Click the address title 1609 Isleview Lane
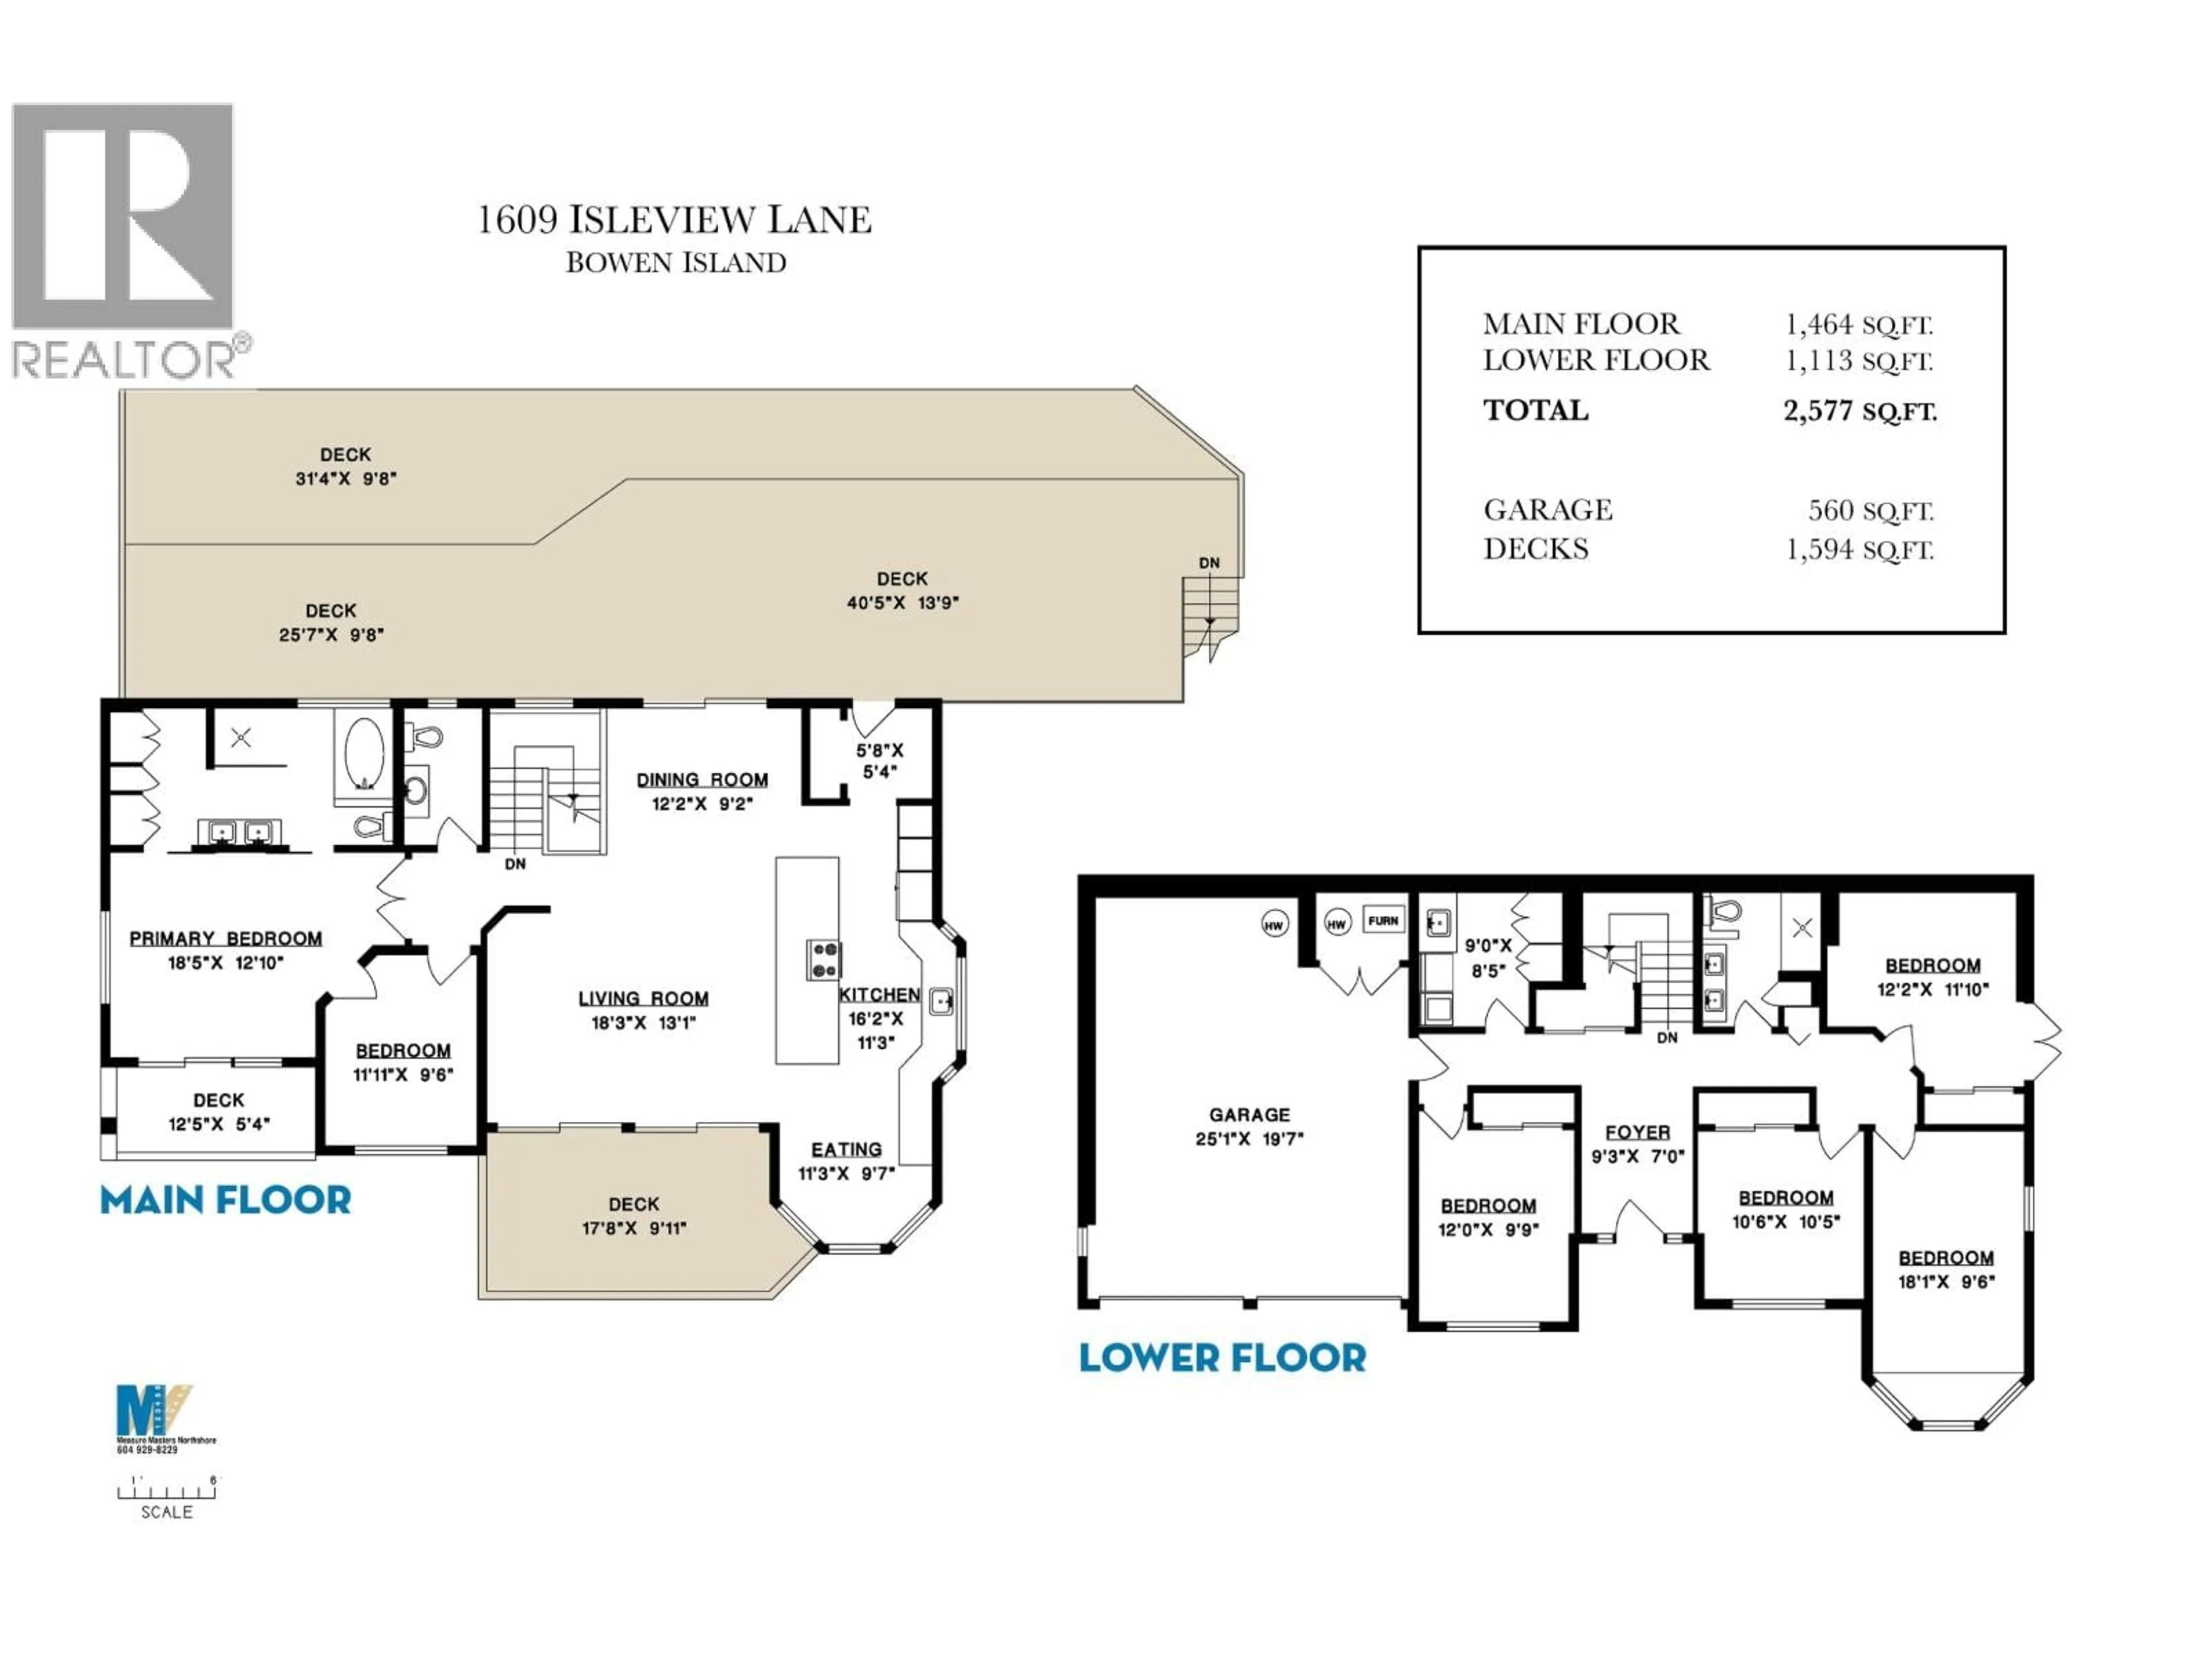click(675, 220)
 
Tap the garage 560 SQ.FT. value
click(1870, 511)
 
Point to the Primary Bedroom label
click(225, 938)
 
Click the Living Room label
click(643, 998)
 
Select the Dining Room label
click(701, 780)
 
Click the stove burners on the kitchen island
click(823, 959)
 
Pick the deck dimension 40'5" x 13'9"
click(902, 603)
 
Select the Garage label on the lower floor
click(1249, 1115)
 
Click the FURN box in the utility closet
click(1382, 921)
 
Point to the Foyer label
click(1637, 1132)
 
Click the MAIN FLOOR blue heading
click(225, 1200)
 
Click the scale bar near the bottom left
click(167, 1492)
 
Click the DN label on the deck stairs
click(1209, 563)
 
